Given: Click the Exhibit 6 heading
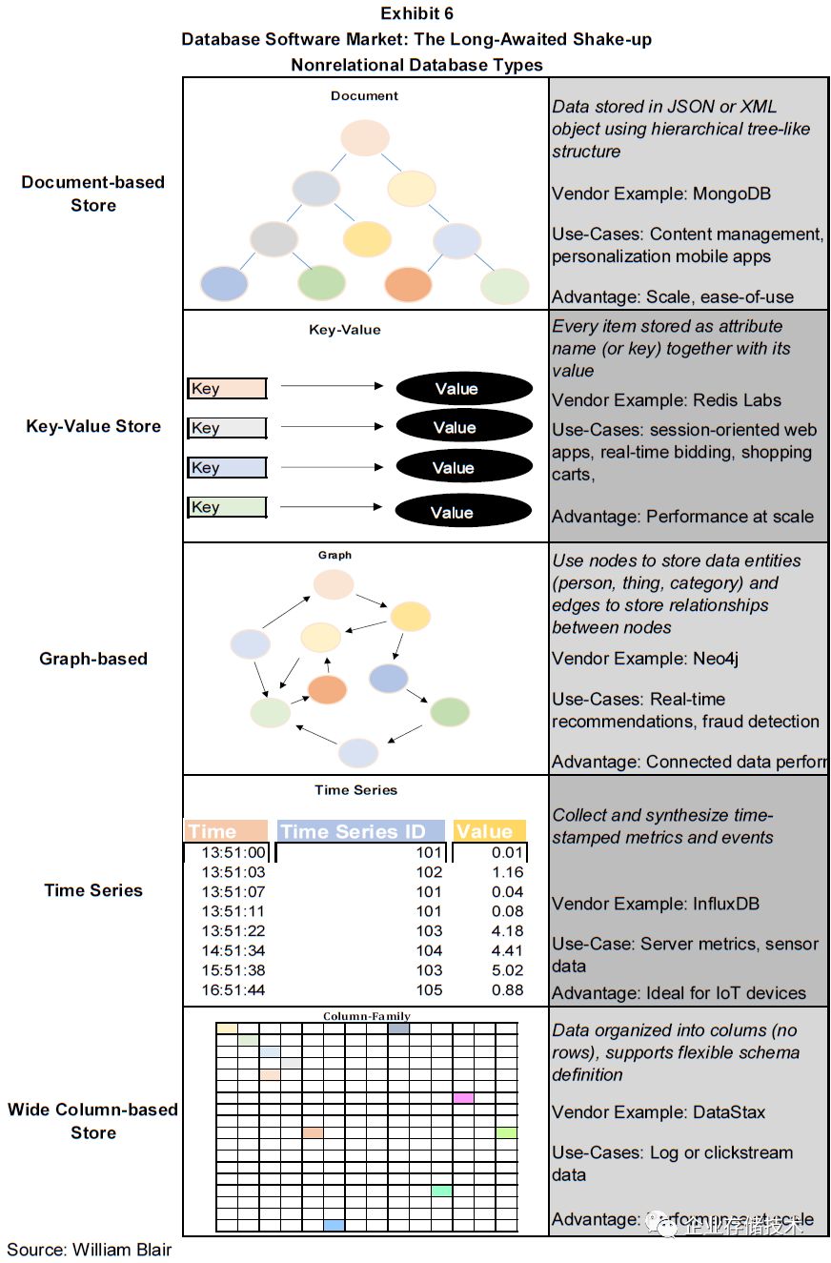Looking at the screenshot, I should coord(416,13).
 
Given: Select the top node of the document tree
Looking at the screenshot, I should coord(364,138).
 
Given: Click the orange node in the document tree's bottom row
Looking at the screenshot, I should coord(408,284).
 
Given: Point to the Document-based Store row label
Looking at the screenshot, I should coord(92,194).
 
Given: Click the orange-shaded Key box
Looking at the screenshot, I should coord(227,388).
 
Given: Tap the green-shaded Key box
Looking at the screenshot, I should coord(227,507).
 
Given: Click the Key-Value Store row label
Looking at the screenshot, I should coord(93,426).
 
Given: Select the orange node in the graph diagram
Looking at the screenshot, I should coord(328,689).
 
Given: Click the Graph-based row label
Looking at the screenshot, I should coord(93,659).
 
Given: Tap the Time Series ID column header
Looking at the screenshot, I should coord(360,831).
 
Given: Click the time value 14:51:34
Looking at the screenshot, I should coord(233,950).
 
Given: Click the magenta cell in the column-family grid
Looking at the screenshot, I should coord(463,1098).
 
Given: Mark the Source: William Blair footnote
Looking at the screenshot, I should coord(90,1249).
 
